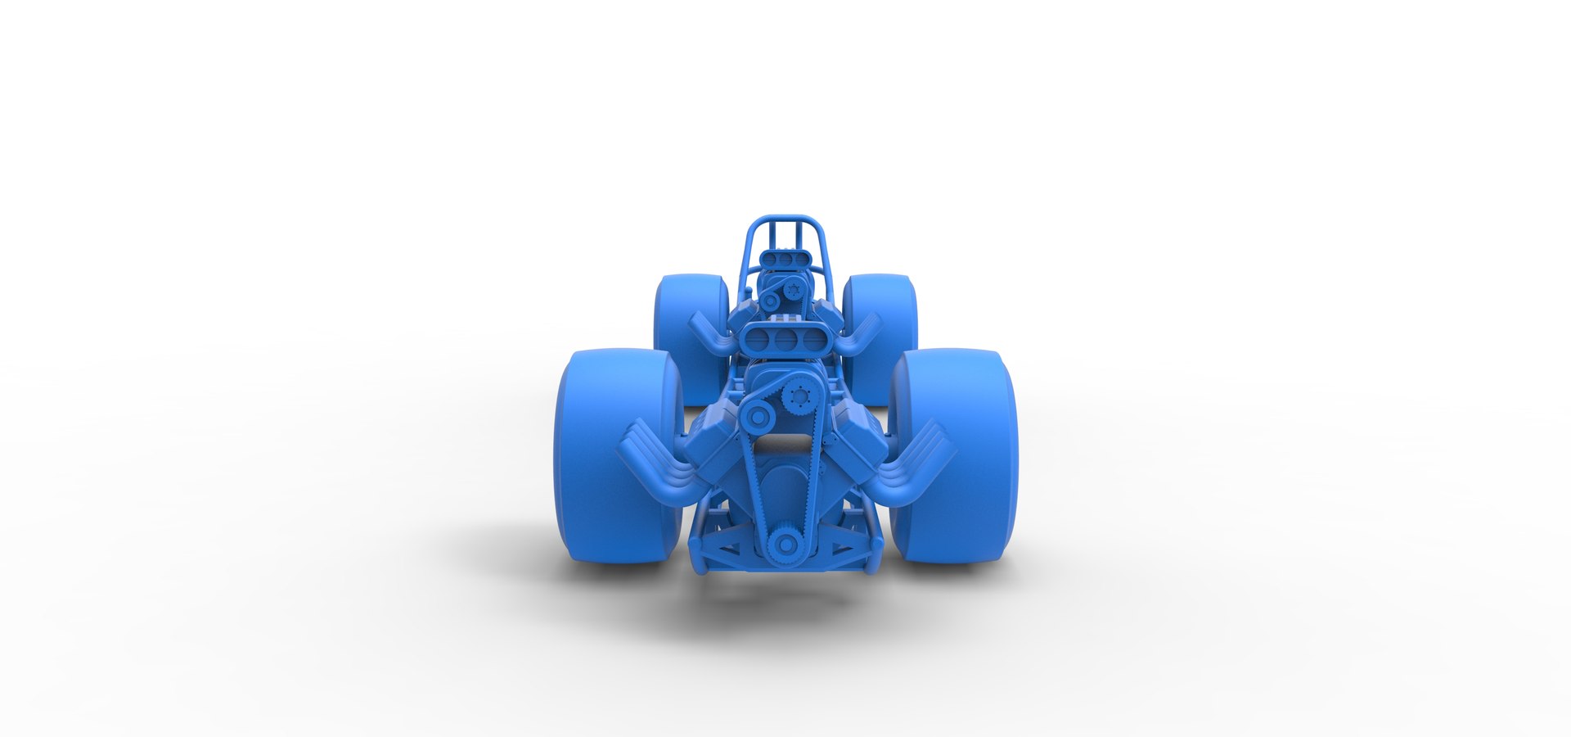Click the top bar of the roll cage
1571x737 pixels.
pyautogui.click(x=785, y=219)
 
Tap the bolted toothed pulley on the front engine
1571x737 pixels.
pyautogui.click(x=796, y=398)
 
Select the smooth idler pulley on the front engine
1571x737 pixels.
pyautogui.click(x=758, y=417)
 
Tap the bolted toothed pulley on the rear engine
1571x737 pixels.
pyautogui.click(x=793, y=288)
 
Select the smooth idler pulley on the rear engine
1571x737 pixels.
pyautogui.click(x=770, y=301)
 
